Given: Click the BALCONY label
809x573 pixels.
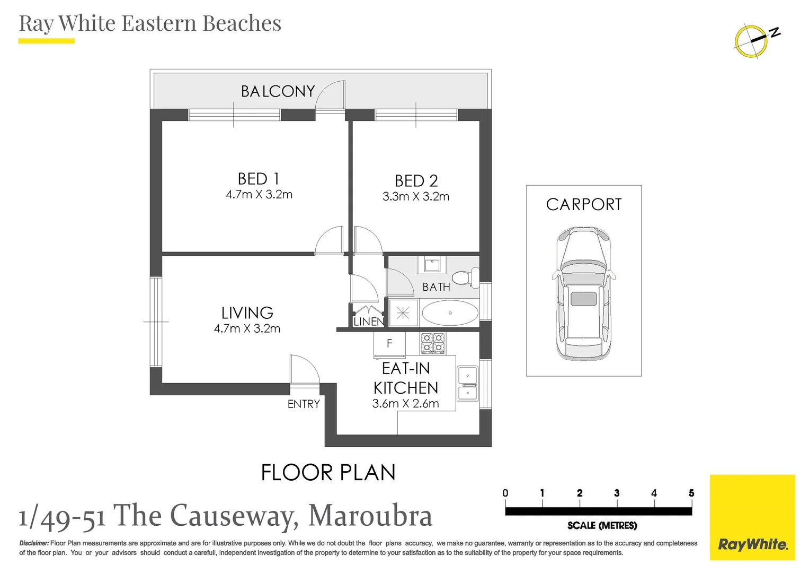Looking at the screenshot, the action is [278, 91].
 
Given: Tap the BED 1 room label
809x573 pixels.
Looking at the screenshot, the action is [258, 179].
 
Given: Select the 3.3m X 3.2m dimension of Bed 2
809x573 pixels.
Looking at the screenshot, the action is [416, 196].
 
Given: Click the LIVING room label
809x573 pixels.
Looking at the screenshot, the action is [247, 312].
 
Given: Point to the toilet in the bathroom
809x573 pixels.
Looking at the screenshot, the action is [466, 278].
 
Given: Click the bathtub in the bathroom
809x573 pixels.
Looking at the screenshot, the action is [450, 313].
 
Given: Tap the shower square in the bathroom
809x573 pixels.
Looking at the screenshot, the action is [403, 313].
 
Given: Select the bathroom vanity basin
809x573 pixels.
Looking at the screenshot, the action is [432, 265].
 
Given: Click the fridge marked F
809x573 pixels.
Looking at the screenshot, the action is [389, 343].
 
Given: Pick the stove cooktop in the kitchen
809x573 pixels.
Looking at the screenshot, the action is [433, 343].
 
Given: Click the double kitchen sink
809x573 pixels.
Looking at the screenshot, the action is [468, 384].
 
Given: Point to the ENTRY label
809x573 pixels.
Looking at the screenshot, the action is [304, 404].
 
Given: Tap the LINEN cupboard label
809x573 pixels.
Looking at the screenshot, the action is [369, 322].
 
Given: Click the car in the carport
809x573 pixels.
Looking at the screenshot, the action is [584, 293].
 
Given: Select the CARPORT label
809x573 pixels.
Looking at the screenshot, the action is [584, 205].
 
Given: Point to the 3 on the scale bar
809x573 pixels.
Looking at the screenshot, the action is [617, 493].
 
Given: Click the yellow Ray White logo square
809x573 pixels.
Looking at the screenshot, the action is [752, 517].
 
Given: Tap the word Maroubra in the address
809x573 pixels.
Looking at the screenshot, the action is [370, 516].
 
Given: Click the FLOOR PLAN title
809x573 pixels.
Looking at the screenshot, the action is [328, 472].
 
